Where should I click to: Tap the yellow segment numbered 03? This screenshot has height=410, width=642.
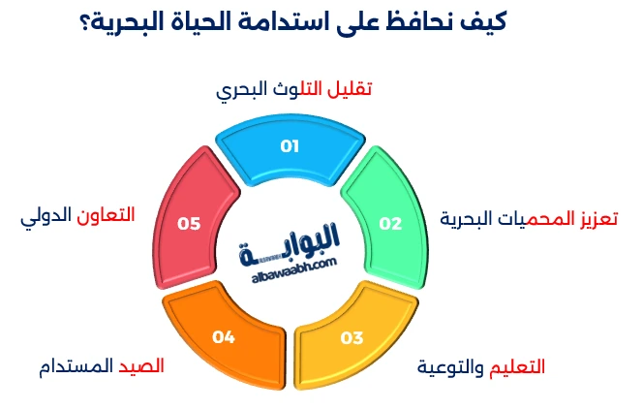coord(351,333)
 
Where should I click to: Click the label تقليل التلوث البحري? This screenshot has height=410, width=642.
coord(293,89)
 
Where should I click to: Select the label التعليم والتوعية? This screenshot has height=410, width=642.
coord(481,367)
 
